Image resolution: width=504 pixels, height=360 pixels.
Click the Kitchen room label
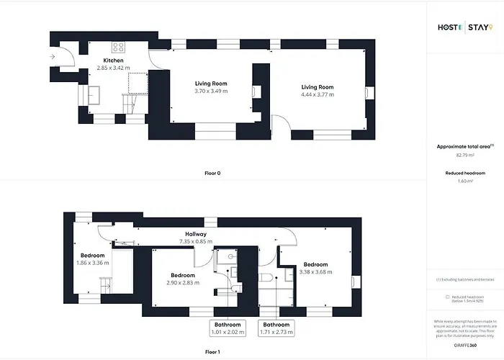pyautogui.click(x=113, y=60)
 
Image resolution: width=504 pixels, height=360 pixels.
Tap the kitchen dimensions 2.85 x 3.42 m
pyautogui.click(x=113, y=68)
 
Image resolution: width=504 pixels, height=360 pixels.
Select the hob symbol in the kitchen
pyautogui.click(x=119, y=48)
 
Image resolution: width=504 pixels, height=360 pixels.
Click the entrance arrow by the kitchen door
pyautogui.click(x=53, y=56)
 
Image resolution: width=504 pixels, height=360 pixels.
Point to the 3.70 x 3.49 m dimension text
pyautogui.click(x=211, y=91)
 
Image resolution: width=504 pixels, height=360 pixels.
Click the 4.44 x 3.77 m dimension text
pyautogui.click(x=318, y=95)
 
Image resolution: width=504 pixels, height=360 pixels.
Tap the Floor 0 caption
pyautogui.click(x=213, y=173)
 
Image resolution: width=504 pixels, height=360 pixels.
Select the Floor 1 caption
pyautogui.click(x=213, y=352)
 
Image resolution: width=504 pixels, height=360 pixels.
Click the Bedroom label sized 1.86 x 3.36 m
pyautogui.click(x=92, y=256)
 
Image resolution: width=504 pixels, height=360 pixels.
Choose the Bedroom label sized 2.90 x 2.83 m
pyautogui.click(x=183, y=275)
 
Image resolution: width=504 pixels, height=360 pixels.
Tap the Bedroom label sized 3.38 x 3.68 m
pyautogui.click(x=315, y=264)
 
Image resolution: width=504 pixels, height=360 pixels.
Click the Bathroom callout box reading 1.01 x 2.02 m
pyautogui.click(x=228, y=328)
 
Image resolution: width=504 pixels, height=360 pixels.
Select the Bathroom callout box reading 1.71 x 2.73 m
pyautogui.click(x=277, y=328)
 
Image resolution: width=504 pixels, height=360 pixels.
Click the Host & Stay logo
pyautogui.click(x=464, y=28)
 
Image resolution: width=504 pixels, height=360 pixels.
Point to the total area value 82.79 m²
pyautogui.click(x=464, y=155)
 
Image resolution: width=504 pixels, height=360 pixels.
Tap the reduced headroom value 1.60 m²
pyautogui.click(x=464, y=181)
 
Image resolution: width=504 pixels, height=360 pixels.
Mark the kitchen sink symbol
pyautogui.click(x=94, y=92)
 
